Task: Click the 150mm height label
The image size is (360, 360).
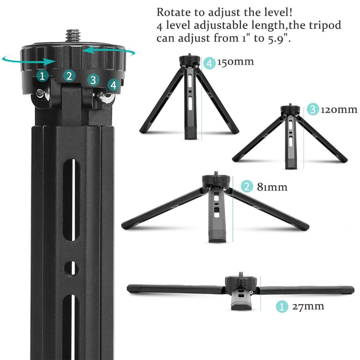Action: pyautogui.click(x=236, y=62)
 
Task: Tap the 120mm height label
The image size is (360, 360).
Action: pyautogui.click(x=339, y=110)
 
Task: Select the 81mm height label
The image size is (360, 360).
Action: pyautogui.click(x=272, y=187)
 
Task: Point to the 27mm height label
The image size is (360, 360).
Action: pyautogui.click(x=308, y=306)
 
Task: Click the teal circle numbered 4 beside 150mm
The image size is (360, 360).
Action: pyautogui.click(x=210, y=63)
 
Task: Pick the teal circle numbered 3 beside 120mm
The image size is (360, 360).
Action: pyautogui.click(x=313, y=109)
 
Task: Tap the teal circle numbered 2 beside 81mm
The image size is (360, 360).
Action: pyautogui.click(x=247, y=186)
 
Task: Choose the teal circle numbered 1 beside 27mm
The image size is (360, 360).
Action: pyautogui.click(x=282, y=307)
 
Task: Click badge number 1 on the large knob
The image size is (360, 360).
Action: pyautogui.click(x=42, y=76)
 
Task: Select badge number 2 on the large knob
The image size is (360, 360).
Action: pyautogui.click(x=69, y=76)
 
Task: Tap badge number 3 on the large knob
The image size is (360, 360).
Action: pyautogui.click(x=93, y=80)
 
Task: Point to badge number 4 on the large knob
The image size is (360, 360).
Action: pyautogui.click(x=114, y=85)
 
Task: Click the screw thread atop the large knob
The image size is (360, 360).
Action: pyautogui.click(x=73, y=36)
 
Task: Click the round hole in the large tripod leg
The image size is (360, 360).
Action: pyautogui.click(x=71, y=268)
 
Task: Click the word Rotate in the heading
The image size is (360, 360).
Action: pyautogui.click(x=174, y=12)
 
